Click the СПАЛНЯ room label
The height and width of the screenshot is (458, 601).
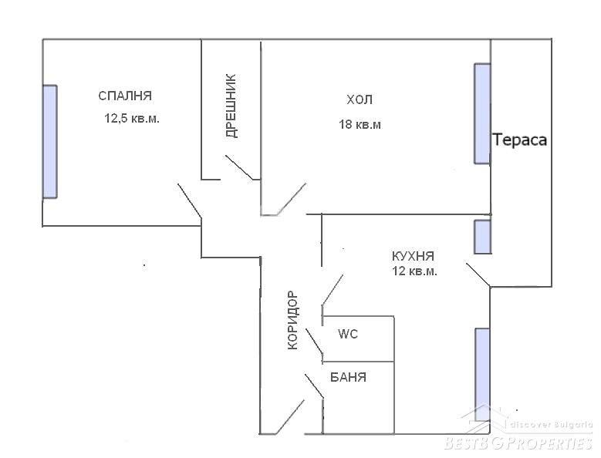click(x=125, y=96)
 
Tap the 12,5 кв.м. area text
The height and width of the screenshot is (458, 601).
click(x=132, y=118)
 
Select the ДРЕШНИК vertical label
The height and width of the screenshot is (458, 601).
click(x=231, y=106)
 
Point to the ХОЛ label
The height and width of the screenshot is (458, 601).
click(x=360, y=100)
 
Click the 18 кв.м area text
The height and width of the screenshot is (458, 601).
click(x=360, y=124)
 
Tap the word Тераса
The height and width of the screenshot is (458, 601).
click(x=519, y=140)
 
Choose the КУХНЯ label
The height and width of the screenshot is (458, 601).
click(x=413, y=256)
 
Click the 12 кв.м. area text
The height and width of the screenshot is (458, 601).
click(x=414, y=271)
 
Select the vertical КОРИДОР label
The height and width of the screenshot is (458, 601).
click(x=292, y=320)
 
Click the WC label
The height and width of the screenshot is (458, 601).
click(x=348, y=334)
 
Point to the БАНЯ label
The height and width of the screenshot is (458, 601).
click(x=348, y=378)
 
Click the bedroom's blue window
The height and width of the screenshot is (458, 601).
click(x=50, y=142)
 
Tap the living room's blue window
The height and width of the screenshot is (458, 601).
click(x=482, y=114)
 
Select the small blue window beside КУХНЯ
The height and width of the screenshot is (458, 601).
click(x=482, y=237)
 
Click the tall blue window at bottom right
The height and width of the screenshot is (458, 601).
click(x=482, y=375)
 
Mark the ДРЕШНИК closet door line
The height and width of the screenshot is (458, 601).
click(x=239, y=167)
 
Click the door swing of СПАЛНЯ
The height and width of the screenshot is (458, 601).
click(x=190, y=201)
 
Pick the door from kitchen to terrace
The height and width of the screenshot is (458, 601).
click(x=478, y=274)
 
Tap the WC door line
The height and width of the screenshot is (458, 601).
click(x=314, y=341)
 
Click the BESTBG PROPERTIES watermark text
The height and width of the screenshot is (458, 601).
click(x=518, y=443)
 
